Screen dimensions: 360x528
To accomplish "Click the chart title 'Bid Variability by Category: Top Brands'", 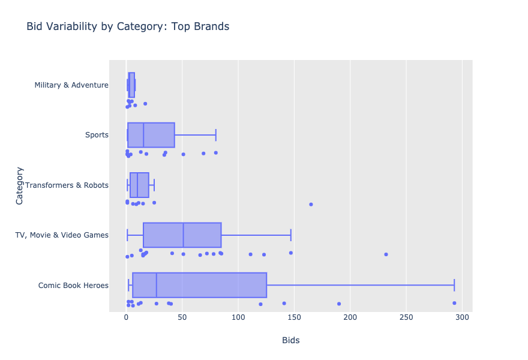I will pyautogui.click(x=128, y=27).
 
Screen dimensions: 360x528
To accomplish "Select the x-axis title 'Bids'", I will pyautogui.click(x=290, y=341).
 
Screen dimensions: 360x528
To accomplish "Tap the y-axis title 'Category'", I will pyautogui.click(x=20, y=185).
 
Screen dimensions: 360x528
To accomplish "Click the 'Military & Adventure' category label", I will pyautogui.click(x=71, y=85).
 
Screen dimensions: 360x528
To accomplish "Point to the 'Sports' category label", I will pyautogui.click(x=97, y=135).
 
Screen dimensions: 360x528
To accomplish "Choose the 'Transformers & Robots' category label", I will pyautogui.click(x=67, y=185).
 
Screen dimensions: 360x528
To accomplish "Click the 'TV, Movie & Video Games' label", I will pyautogui.click(x=62, y=235).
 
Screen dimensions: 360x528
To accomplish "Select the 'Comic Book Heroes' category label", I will pyautogui.click(x=73, y=285).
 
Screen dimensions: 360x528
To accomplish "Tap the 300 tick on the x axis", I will pyautogui.click(x=462, y=318).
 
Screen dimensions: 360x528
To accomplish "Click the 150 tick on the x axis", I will pyautogui.click(x=294, y=318).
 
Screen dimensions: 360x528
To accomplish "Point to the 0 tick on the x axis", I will pyautogui.click(x=126, y=318).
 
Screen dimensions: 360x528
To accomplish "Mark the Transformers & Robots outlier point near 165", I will pyautogui.click(x=311, y=204).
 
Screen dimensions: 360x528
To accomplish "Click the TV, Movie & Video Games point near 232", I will pyautogui.click(x=386, y=254).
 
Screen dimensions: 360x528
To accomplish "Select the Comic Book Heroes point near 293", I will pyautogui.click(x=454, y=303).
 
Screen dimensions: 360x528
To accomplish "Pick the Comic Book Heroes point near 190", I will pyautogui.click(x=339, y=304).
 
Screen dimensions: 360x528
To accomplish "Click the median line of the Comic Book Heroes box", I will pyautogui.click(x=157, y=285).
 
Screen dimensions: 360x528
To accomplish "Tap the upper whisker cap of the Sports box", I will pyautogui.click(x=215, y=135).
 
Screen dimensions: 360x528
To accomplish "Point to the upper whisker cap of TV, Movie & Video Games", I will pyautogui.click(x=291, y=235).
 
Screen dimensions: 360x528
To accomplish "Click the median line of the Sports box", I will pyautogui.click(x=143, y=135).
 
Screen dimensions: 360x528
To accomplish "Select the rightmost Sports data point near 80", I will pyautogui.click(x=215, y=152).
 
